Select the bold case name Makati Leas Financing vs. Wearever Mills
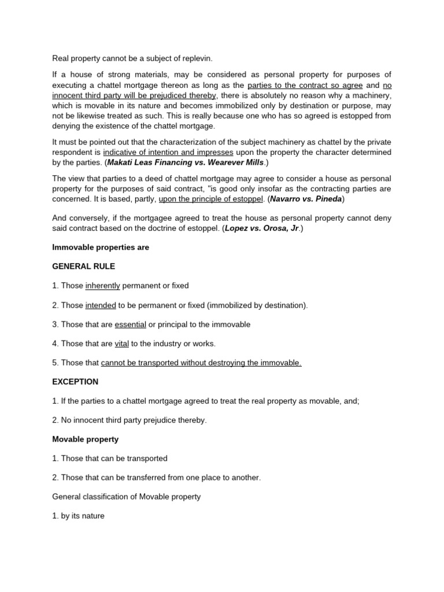coord(187,162)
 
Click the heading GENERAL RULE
coord(84,267)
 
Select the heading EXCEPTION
coord(75,382)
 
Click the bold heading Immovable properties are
coord(101,247)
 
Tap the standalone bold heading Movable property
coord(85,439)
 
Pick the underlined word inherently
coord(102,286)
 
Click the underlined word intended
coord(101,305)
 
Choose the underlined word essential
coord(130,324)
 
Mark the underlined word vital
coord(121,343)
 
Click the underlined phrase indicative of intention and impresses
coord(168,153)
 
